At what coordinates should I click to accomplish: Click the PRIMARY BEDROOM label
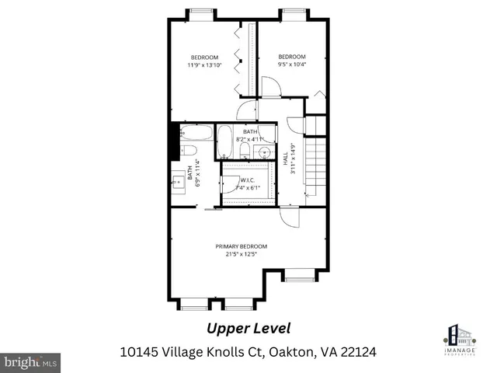[x=247, y=246]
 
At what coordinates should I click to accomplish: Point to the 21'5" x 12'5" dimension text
[x=247, y=254]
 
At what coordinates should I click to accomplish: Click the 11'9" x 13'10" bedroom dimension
[x=205, y=65]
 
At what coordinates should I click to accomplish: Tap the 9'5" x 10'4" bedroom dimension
[x=292, y=65]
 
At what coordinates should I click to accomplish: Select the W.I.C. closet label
[x=247, y=180]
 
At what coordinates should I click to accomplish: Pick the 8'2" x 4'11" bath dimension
[x=249, y=139]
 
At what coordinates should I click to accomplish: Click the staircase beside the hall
[x=313, y=167]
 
